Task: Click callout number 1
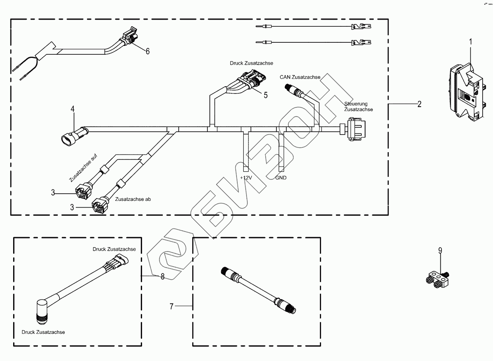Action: pos(471,42)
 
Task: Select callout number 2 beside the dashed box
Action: pos(419,104)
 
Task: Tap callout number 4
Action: pos(73,108)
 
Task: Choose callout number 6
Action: pos(147,51)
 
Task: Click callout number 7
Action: pos(172,307)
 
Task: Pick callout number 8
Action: pos(162,276)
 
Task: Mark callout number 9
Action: pos(440,251)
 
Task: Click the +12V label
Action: pos(246,177)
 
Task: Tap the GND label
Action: pos(281,177)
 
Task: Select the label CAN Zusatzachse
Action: pos(300,77)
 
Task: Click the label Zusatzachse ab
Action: pos(133,198)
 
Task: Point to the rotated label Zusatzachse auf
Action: pos(83,168)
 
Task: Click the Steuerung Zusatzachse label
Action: pos(359,107)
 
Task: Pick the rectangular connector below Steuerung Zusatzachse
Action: pos(355,129)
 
